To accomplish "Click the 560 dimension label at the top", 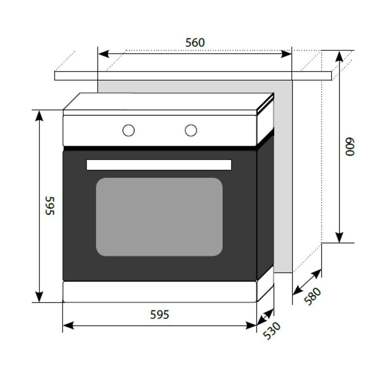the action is click(195, 43).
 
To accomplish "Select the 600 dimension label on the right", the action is click(350, 147).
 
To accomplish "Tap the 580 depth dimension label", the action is click(313, 297).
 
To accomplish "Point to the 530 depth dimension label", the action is click(272, 330).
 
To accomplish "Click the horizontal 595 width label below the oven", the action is click(160, 315).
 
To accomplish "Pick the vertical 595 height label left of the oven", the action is click(50, 206).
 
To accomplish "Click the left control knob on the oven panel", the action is click(128, 130).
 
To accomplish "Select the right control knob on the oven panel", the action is click(191, 130).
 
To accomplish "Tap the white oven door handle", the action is click(159, 165).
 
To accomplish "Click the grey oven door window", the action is click(159, 217).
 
